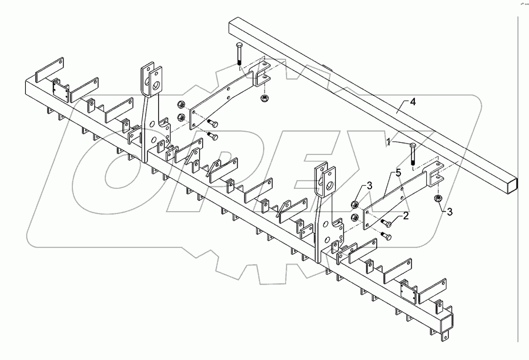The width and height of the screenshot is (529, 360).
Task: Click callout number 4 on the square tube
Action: pyautogui.click(x=413, y=102)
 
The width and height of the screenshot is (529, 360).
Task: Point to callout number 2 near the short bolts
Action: pyautogui.click(x=405, y=217)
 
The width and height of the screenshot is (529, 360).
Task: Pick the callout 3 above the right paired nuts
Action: pyautogui.click(x=369, y=186)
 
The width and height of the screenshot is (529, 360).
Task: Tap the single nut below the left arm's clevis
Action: pyautogui.click(x=264, y=97)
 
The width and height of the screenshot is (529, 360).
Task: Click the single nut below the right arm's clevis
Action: pyautogui.click(x=438, y=198)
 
